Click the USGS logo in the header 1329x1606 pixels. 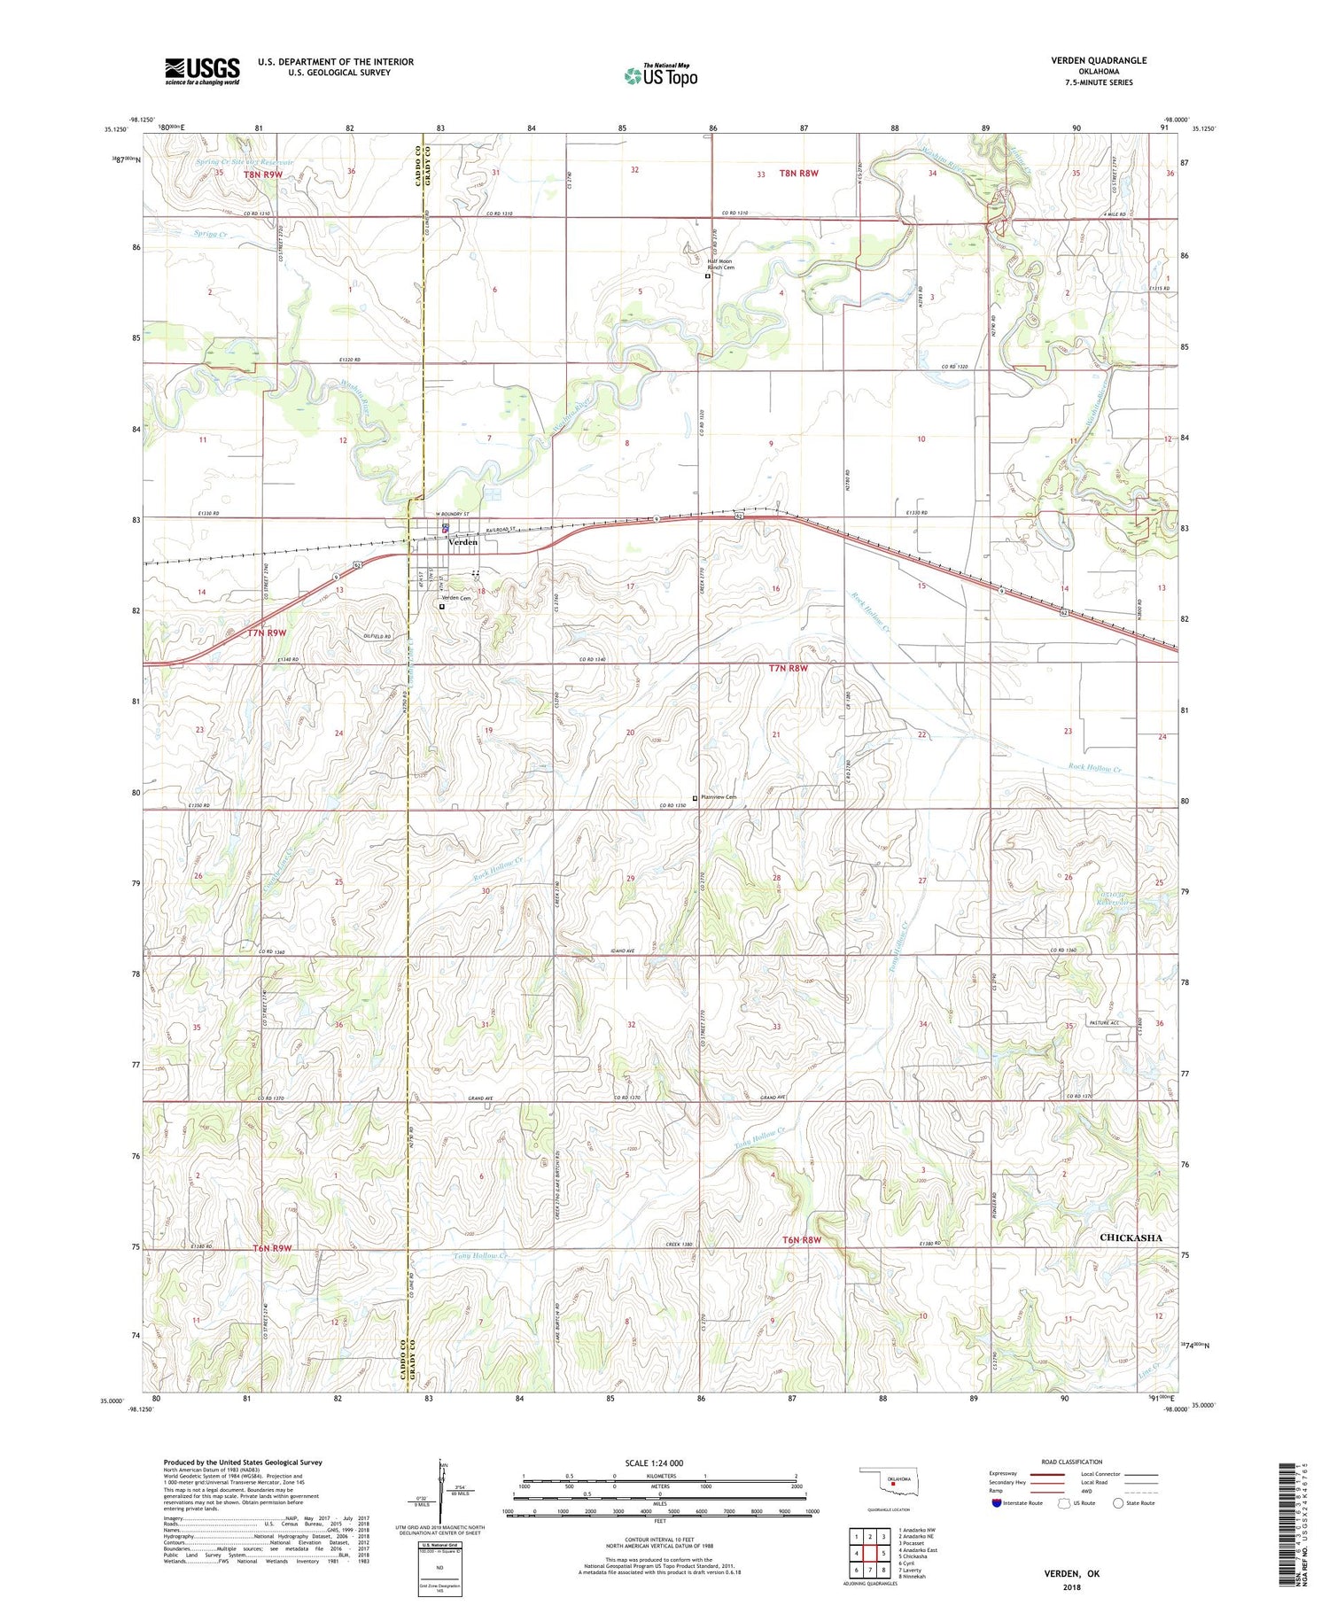(202, 71)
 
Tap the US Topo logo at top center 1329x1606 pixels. (660, 75)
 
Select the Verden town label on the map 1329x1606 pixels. (462, 542)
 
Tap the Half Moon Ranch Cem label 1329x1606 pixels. (720, 264)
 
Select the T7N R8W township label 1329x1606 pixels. (789, 668)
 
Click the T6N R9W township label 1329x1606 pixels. (272, 1248)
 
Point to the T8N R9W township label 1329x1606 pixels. (263, 175)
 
